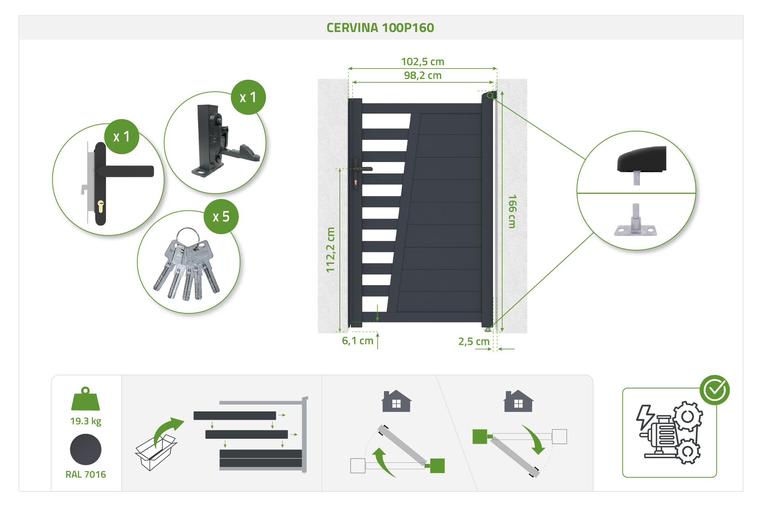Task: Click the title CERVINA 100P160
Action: pyautogui.click(x=380, y=28)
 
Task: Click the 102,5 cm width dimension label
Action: pyautogui.click(x=423, y=61)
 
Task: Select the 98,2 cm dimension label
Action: pyautogui.click(x=423, y=75)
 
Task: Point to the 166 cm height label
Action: pyautogui.click(x=512, y=212)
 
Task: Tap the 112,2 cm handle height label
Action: pyautogui.click(x=330, y=250)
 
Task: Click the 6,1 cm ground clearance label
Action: pyautogui.click(x=357, y=340)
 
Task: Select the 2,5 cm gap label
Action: pyautogui.click(x=474, y=341)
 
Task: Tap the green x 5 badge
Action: pyautogui.click(x=221, y=217)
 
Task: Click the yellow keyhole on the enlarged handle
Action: pyautogui.click(x=101, y=206)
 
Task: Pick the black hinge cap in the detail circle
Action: pyautogui.click(x=642, y=159)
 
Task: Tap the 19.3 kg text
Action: pyautogui.click(x=85, y=421)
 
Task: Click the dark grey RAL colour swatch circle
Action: pyautogui.click(x=85, y=449)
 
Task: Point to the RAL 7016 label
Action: pyautogui.click(x=85, y=474)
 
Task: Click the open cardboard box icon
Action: pyautogui.click(x=154, y=454)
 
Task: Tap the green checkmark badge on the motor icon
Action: pyautogui.click(x=714, y=390)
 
